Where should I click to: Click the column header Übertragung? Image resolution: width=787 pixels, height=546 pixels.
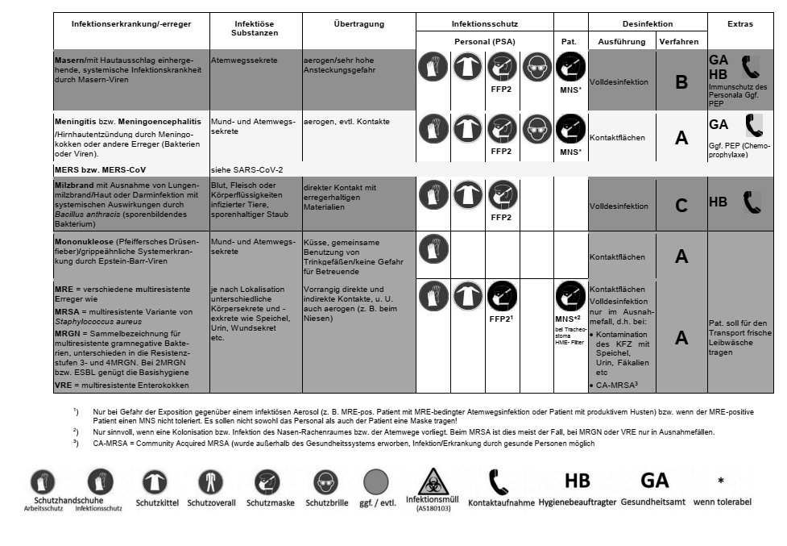358,24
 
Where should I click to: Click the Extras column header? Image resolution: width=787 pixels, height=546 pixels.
739,24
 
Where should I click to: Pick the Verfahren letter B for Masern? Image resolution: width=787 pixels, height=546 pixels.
681,82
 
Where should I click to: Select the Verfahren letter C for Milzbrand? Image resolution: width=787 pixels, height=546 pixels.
681,206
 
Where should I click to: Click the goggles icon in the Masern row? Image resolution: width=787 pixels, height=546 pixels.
537,67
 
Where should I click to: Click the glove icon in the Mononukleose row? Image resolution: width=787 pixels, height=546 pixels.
433,248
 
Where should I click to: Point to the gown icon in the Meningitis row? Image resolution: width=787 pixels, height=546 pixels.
467,127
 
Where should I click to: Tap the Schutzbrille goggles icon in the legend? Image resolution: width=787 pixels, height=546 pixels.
324,482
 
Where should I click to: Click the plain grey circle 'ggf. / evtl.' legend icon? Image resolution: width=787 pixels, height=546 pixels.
377,483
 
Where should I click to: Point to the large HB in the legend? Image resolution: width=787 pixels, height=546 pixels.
577,481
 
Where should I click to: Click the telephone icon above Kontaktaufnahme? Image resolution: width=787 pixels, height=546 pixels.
499,481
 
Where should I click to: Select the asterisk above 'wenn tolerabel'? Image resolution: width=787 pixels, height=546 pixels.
721,481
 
